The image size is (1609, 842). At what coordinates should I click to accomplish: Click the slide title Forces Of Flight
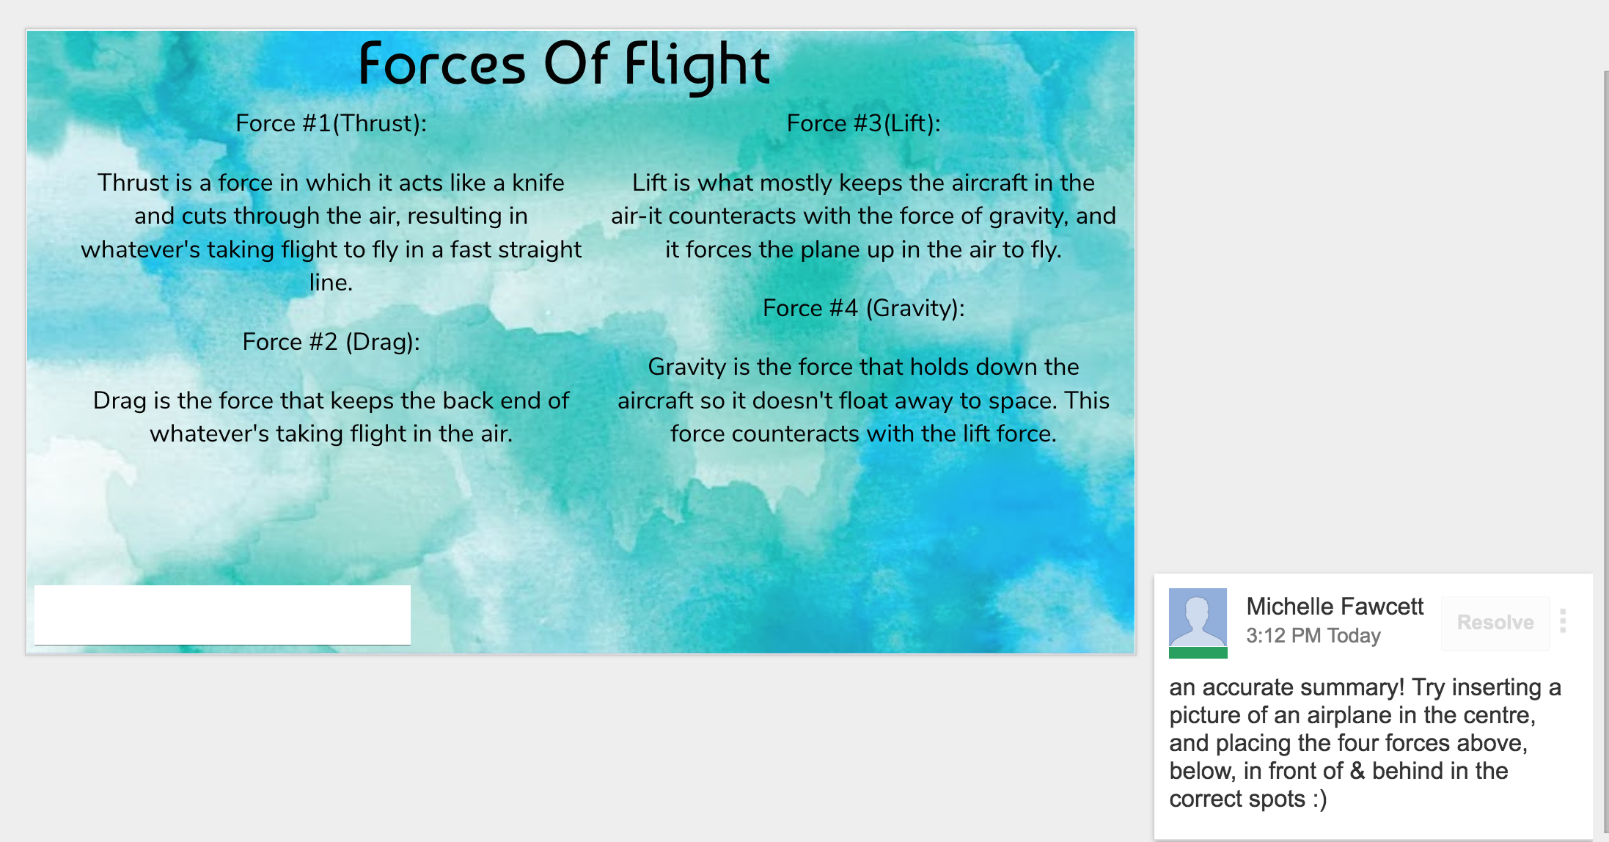pos(564,65)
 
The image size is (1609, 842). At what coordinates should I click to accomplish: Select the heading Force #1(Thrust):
pos(331,123)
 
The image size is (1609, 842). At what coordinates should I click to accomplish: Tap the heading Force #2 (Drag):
pos(331,342)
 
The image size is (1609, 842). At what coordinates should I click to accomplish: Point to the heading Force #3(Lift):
pos(863,123)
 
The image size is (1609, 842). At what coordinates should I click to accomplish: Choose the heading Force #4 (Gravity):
pos(863,308)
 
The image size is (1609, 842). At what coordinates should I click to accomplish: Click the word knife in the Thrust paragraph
pos(538,183)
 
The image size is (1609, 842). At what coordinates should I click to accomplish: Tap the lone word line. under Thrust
pos(331,282)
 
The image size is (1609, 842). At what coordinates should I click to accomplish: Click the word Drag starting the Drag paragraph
pos(120,401)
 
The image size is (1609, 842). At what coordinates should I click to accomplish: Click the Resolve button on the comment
pos(1495,623)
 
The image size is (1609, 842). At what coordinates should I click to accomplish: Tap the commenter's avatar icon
pos(1198,623)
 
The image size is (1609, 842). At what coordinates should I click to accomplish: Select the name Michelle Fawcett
pos(1335,607)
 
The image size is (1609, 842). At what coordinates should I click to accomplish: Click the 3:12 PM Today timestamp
pos(1313,635)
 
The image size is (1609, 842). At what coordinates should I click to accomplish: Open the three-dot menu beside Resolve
pos(1563,621)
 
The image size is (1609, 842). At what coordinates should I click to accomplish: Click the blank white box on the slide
pos(222,615)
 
